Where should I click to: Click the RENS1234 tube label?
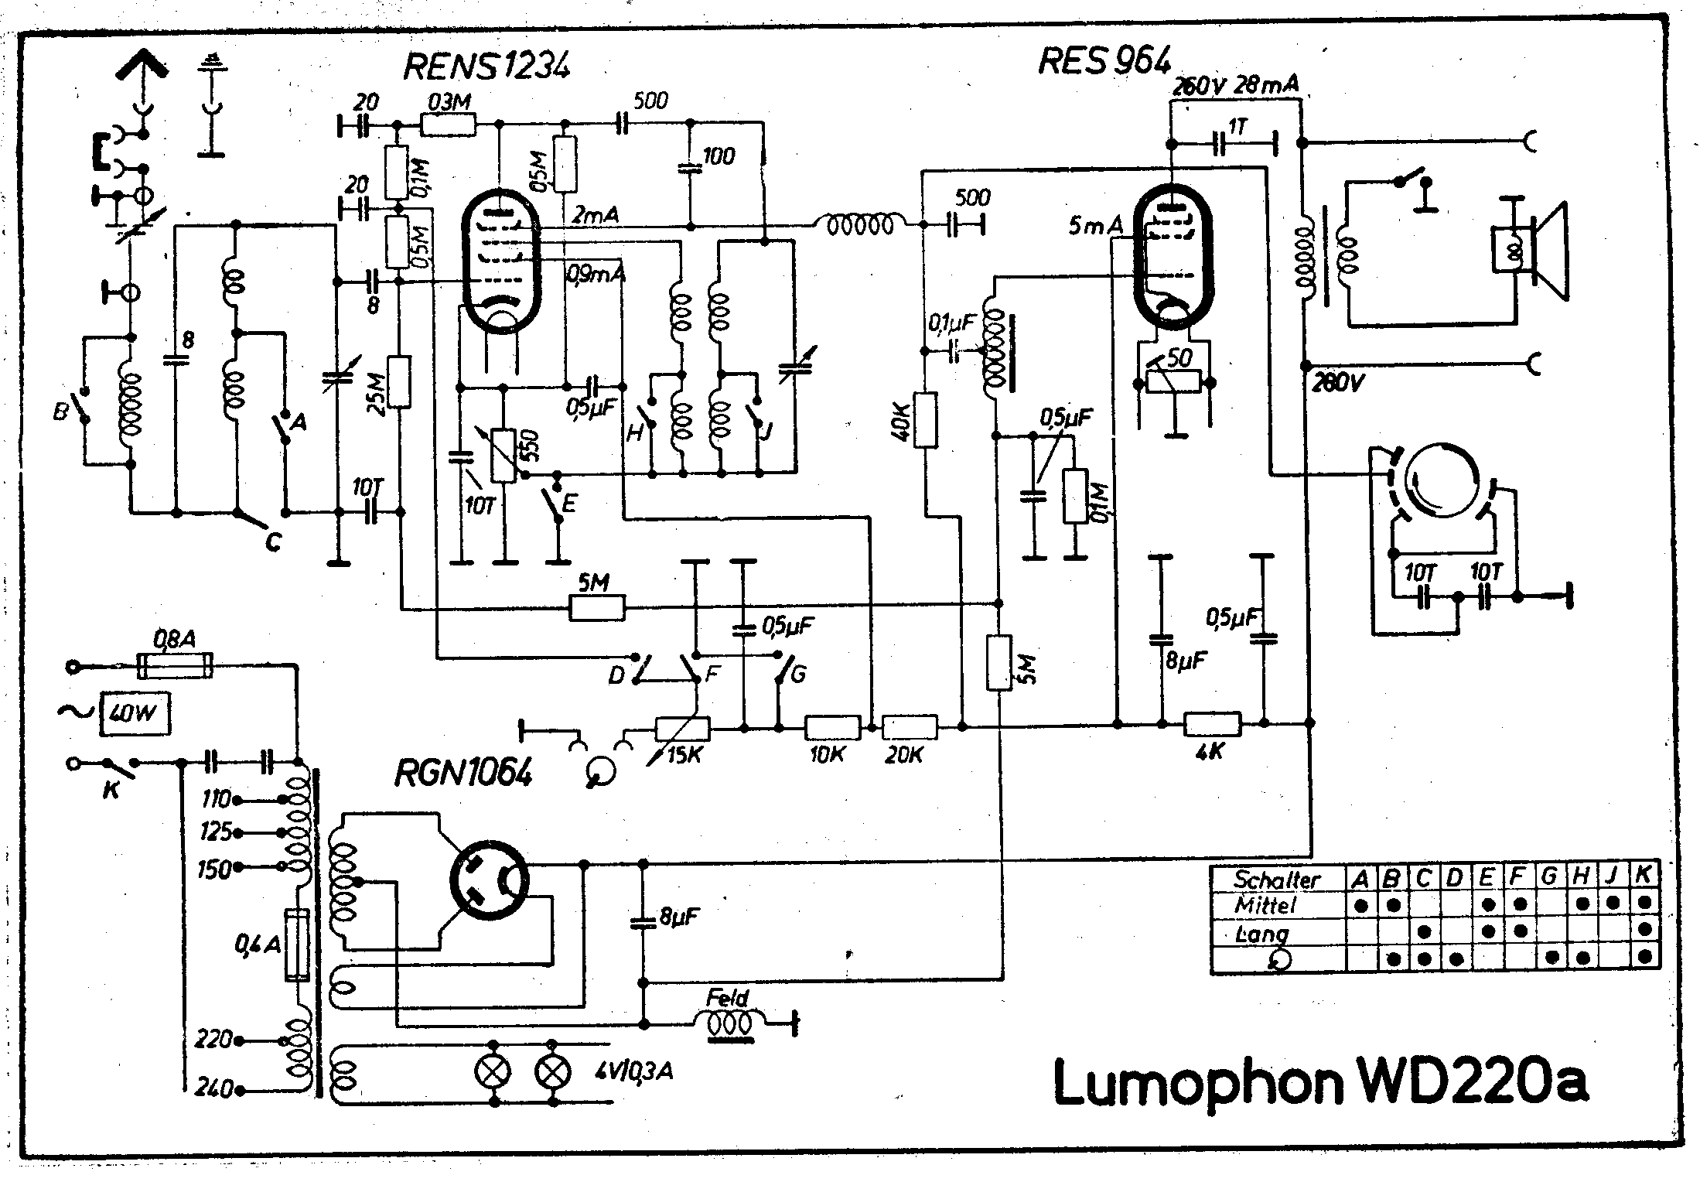(486, 67)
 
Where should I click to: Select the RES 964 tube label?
(1104, 61)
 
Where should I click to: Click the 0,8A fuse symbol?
(175, 665)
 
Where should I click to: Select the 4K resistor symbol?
(1212, 724)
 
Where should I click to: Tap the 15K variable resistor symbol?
(682, 729)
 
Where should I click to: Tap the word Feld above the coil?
(727, 998)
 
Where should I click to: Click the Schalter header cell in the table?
(1276, 880)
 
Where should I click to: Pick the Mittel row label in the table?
(1265, 904)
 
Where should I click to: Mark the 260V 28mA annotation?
(1235, 85)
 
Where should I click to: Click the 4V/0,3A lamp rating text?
(634, 1071)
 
